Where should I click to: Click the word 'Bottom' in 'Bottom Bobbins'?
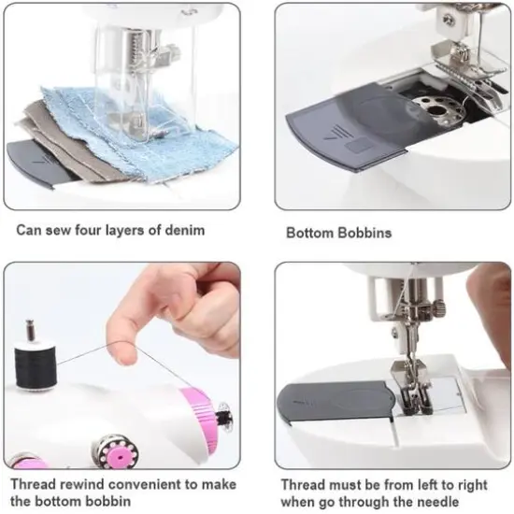click(309, 233)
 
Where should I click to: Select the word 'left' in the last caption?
click(407, 485)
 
